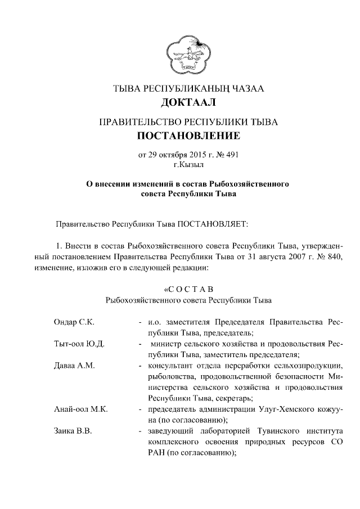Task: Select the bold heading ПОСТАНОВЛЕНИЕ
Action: [x=188, y=136]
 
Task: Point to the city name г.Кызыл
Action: [x=188, y=164]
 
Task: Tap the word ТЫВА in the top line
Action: [x=128, y=88]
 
